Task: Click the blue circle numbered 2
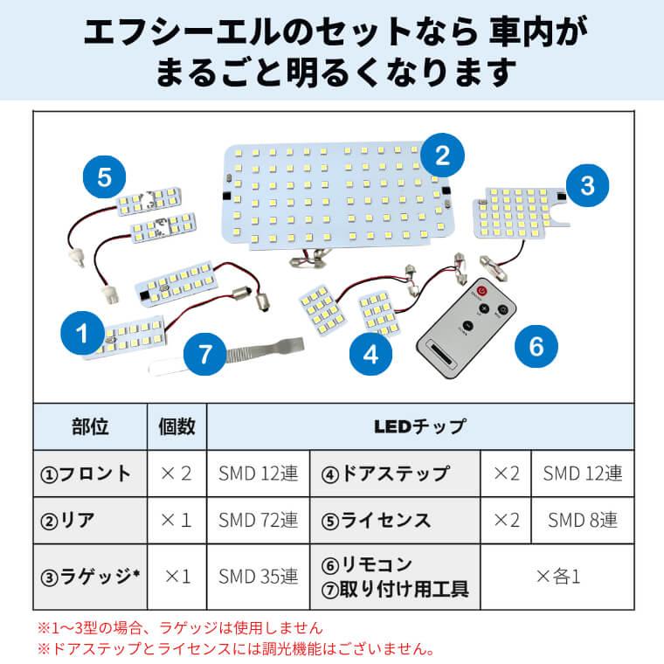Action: pyautogui.click(x=443, y=155)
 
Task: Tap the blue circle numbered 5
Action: pyautogui.click(x=104, y=177)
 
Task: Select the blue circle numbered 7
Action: pyautogui.click(x=205, y=354)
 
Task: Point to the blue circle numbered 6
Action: pyautogui.click(x=536, y=346)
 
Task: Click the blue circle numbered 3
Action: pyautogui.click(x=587, y=185)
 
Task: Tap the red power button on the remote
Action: pyautogui.click(x=482, y=291)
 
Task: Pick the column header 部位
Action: pyautogui.click(x=90, y=426)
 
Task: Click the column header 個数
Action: pyautogui.click(x=177, y=426)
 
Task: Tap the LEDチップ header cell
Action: pyautogui.click(x=420, y=426)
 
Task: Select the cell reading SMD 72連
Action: pyautogui.click(x=259, y=520)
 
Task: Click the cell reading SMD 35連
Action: pyautogui.click(x=259, y=577)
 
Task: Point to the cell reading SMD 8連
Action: pyautogui.click(x=583, y=520)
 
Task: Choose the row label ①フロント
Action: pyautogui.click(x=85, y=474)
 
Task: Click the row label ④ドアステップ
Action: pyautogui.click(x=385, y=474)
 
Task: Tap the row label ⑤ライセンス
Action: pyautogui.click(x=376, y=520)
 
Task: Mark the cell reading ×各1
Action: pyautogui.click(x=557, y=577)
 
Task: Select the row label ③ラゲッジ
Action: pyautogui.click(x=90, y=577)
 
